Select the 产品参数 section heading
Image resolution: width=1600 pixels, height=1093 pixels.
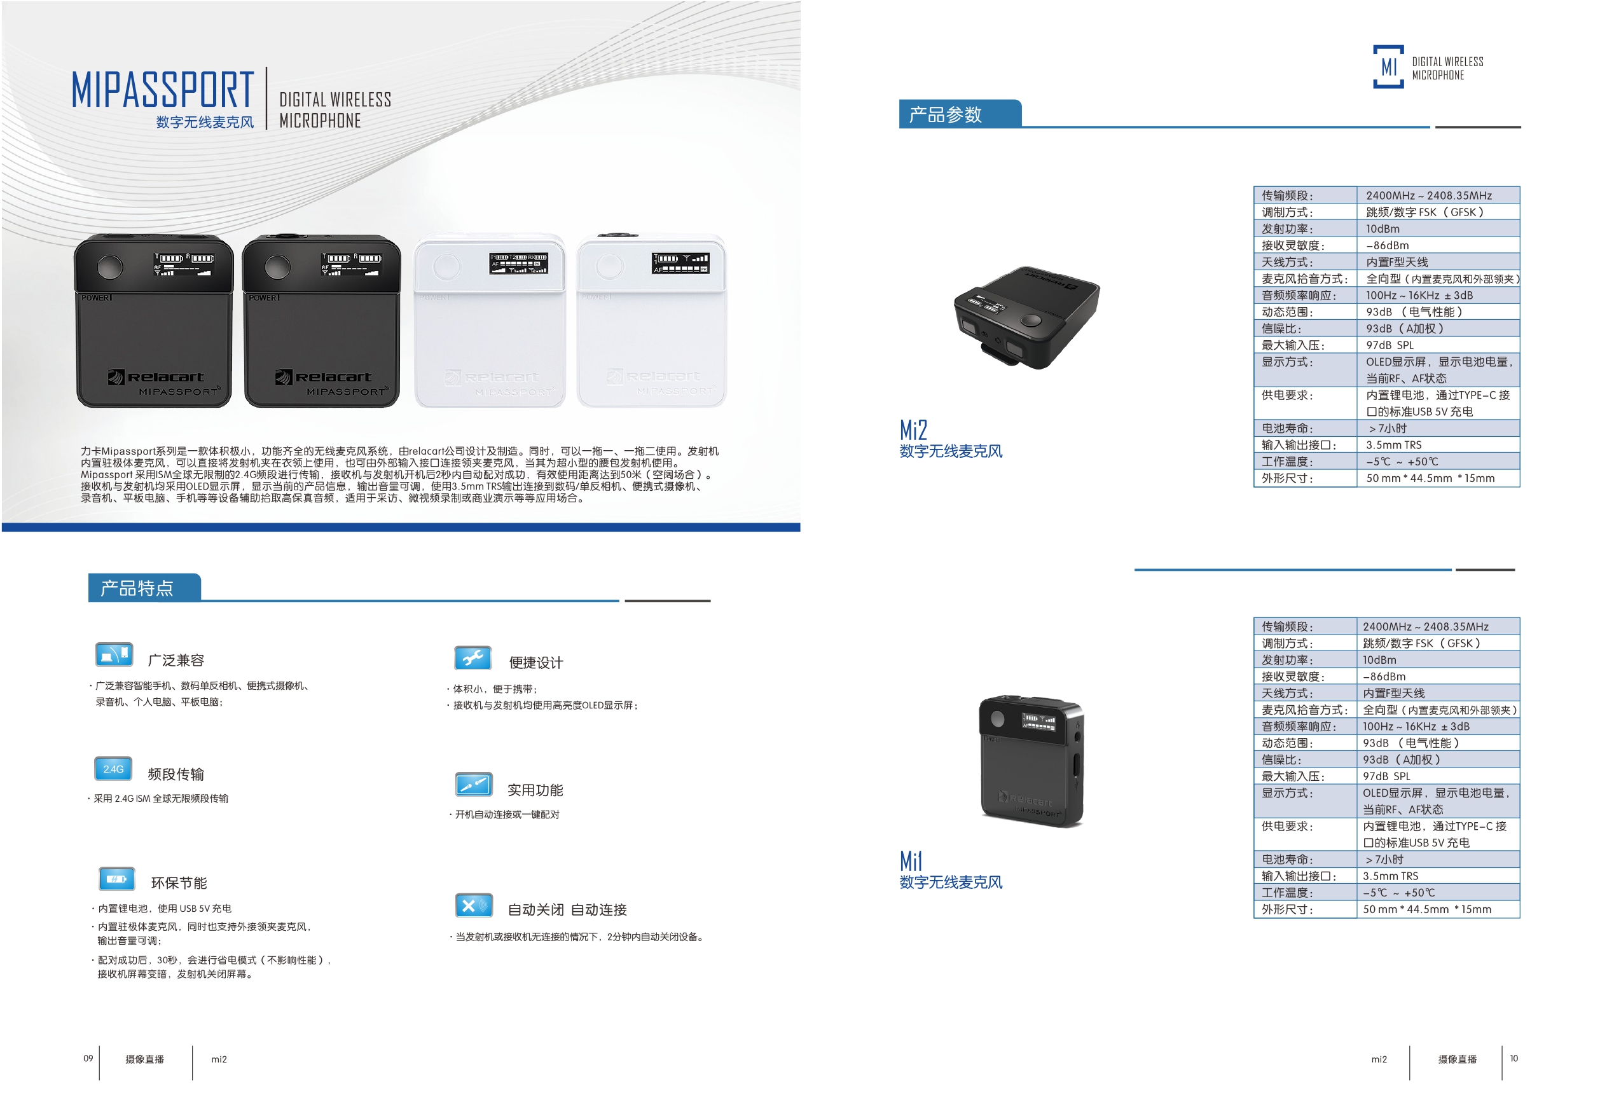pos(945,114)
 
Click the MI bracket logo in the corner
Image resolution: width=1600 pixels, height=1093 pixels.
pos(1388,67)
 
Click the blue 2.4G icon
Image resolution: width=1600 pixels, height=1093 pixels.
pos(114,769)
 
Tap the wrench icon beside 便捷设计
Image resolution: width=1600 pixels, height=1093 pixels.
pos(472,658)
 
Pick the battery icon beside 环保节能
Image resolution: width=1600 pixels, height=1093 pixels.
pos(116,879)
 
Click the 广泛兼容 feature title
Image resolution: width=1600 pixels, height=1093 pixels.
pos(176,660)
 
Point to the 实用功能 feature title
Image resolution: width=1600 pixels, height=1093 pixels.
pos(535,790)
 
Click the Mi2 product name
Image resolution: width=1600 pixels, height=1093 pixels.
pos(913,430)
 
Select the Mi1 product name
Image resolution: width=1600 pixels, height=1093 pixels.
pos(910,861)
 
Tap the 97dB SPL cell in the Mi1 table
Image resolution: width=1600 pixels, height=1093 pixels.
pos(1386,776)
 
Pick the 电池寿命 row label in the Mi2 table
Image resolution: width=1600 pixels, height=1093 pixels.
pos(1286,429)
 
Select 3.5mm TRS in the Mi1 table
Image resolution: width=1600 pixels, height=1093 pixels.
pos(1390,876)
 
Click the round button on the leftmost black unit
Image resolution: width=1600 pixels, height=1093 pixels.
pos(109,266)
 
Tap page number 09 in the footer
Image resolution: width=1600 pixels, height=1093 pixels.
pos(88,1059)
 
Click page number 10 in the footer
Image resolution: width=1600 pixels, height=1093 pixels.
pos(1514,1059)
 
